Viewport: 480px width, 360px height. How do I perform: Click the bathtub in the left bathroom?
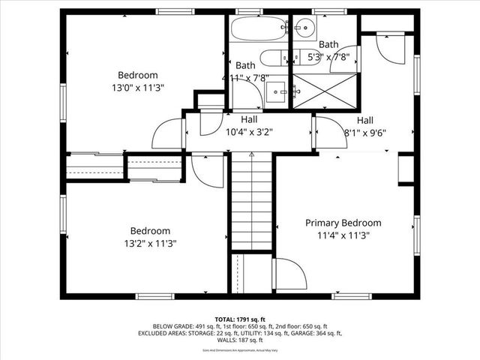click(x=259, y=29)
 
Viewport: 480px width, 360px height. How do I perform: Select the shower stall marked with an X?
click(x=324, y=91)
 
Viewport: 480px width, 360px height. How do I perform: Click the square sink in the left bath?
click(x=276, y=92)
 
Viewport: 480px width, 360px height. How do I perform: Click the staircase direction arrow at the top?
click(x=252, y=154)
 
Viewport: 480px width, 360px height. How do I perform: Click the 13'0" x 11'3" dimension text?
click(x=138, y=88)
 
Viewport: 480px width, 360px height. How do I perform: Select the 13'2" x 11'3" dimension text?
click(x=150, y=244)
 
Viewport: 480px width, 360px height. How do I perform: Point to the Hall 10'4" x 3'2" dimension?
click(x=249, y=132)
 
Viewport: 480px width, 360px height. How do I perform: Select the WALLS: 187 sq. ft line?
click(x=240, y=340)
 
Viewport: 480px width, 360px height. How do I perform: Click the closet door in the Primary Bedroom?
click(x=291, y=274)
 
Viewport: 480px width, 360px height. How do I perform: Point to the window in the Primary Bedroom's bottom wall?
click(x=352, y=296)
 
